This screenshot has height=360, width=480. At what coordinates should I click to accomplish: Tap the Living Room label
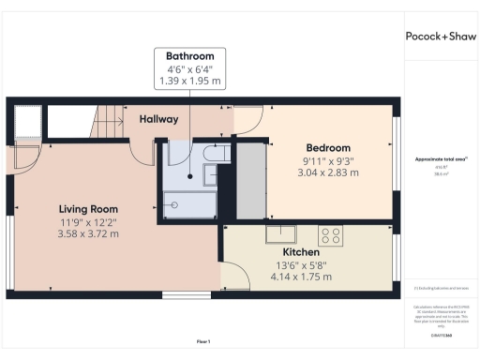[86, 208]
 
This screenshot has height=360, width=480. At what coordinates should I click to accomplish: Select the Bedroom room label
[328, 148]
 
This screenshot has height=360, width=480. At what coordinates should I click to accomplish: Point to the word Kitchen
[302, 253]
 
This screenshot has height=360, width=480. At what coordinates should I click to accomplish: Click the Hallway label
[158, 120]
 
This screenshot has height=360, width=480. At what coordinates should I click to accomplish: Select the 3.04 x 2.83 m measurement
[328, 172]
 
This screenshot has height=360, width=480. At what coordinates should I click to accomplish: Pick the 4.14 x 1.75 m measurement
[302, 278]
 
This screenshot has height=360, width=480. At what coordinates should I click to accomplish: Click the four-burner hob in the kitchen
[331, 235]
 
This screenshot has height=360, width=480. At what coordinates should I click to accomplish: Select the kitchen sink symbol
[281, 234]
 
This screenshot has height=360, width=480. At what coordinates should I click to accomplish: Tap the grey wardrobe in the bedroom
[250, 181]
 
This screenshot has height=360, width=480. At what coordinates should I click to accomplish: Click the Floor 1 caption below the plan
[203, 341]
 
